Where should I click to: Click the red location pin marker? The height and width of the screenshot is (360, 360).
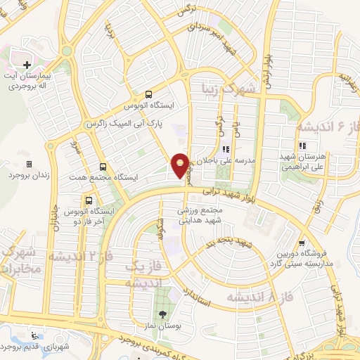coord(181,165)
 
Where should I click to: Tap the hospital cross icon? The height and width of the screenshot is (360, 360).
coord(27,64)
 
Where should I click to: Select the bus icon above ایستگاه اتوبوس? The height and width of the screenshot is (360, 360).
coord(148,94)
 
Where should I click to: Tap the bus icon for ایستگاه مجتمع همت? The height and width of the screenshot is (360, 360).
coord(103,167)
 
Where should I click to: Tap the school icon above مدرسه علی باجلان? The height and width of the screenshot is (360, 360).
coord(225,149)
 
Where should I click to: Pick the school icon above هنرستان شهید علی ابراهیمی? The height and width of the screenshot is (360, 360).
coord(302,146)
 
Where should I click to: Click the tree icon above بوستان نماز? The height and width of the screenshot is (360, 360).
coord(163,314)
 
